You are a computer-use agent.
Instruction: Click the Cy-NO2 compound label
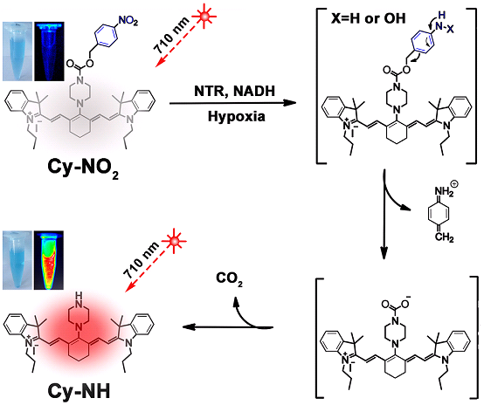pyautogui.click(x=83, y=168)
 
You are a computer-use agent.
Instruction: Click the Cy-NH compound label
pyautogui.click(x=79, y=391)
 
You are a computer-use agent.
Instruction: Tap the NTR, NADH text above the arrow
pyautogui.click(x=235, y=92)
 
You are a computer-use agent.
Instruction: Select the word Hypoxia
pyautogui.click(x=236, y=117)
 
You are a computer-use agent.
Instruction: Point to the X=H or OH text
pyautogui.click(x=369, y=19)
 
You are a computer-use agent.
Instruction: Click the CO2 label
pyautogui.click(x=229, y=279)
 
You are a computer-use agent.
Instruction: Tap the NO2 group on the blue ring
pyautogui.click(x=128, y=21)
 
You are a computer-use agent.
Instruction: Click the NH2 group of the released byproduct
pyautogui.click(x=445, y=190)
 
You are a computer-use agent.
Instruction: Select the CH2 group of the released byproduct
pyautogui.click(x=444, y=237)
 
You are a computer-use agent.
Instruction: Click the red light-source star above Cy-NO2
pyautogui.click(x=204, y=16)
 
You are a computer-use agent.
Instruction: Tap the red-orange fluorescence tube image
pyautogui.click(x=49, y=260)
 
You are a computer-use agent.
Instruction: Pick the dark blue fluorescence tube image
pyautogui.click(x=49, y=51)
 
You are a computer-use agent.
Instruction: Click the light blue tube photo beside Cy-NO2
pyautogui.click(x=17, y=51)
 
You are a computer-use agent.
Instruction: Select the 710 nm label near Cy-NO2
pyautogui.click(x=170, y=35)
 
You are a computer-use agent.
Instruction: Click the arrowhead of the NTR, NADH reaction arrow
pyautogui.click(x=289, y=103)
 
